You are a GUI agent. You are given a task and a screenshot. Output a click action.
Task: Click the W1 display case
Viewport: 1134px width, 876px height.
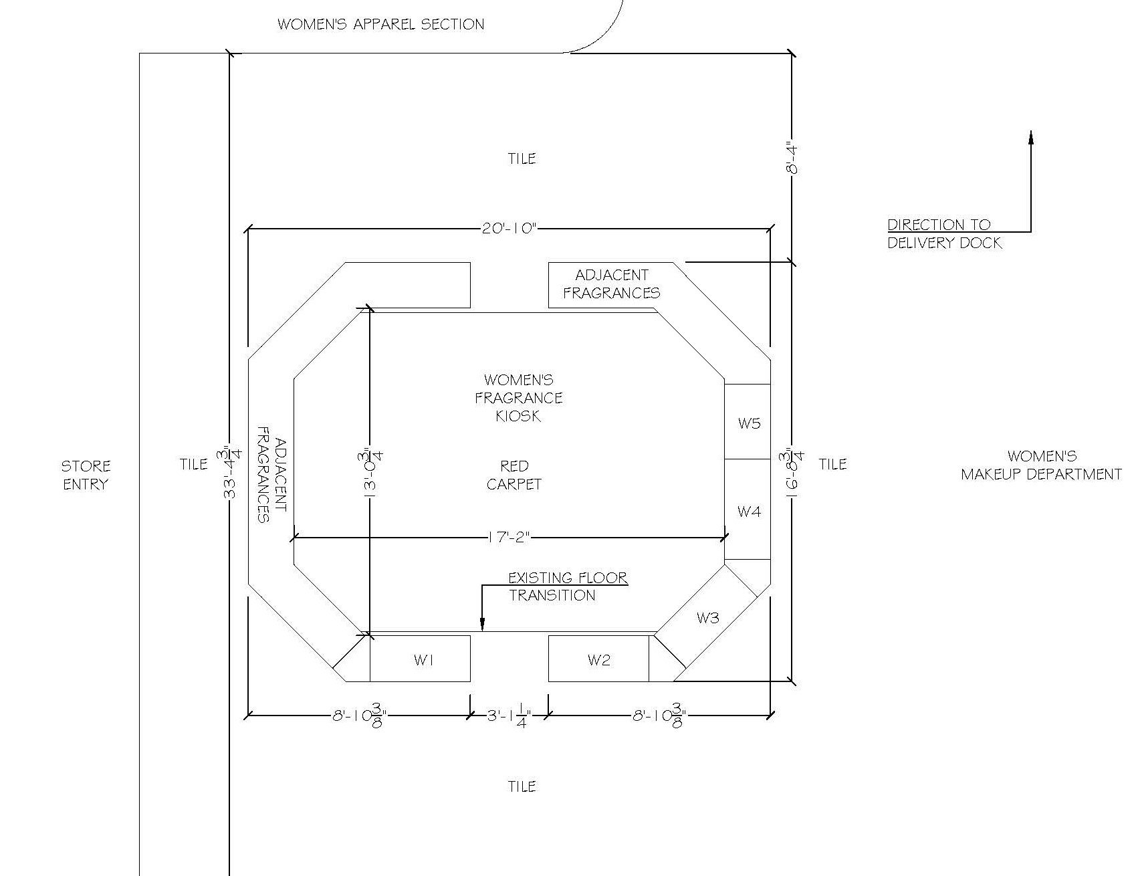421,659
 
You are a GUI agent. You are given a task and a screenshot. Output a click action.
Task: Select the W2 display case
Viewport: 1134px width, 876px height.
598,659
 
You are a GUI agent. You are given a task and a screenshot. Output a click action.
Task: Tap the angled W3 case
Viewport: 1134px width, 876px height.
707,618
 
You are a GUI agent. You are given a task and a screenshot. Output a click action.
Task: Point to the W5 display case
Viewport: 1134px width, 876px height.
748,422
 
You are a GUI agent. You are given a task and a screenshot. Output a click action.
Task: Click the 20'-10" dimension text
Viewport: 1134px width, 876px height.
509,229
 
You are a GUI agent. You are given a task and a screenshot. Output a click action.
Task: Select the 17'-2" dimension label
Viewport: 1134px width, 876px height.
509,536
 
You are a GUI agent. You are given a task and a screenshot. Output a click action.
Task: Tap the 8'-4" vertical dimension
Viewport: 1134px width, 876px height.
792,158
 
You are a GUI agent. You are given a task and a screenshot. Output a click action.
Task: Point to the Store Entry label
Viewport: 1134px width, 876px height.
86,475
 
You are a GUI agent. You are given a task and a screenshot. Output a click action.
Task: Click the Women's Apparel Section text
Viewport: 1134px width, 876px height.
380,25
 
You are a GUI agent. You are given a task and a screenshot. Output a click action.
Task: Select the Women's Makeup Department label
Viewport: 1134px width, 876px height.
1041,465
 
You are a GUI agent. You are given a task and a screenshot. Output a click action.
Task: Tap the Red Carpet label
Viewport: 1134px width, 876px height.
514,475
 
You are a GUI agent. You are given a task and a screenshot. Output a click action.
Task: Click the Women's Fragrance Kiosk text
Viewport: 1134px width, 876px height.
519,398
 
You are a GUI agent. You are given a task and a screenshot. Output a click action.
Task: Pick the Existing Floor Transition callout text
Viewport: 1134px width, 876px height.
568,586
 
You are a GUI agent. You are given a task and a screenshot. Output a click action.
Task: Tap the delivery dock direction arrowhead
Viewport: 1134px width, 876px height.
1030,137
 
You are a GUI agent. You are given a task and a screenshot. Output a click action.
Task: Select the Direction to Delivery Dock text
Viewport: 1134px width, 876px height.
945,234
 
